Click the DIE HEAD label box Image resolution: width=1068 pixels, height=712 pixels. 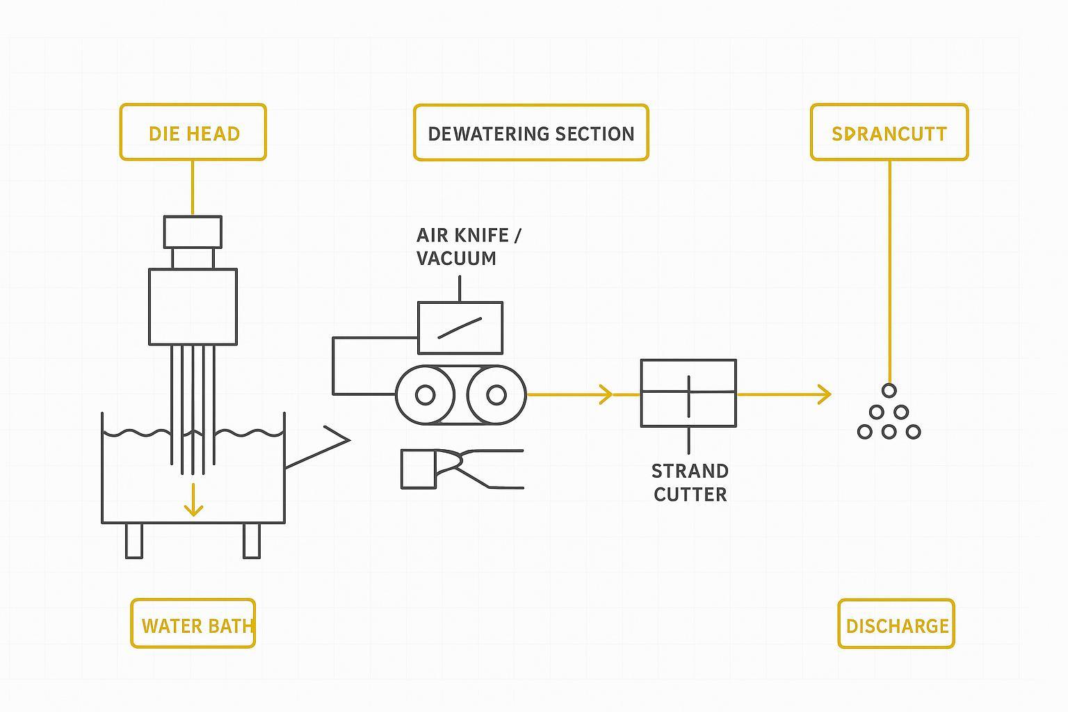click(193, 133)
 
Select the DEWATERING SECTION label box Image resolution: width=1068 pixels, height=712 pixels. click(531, 133)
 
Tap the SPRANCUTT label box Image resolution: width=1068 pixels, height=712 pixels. click(889, 133)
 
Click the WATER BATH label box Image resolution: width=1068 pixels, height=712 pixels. click(193, 624)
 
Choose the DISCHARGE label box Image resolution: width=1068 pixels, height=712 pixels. click(896, 624)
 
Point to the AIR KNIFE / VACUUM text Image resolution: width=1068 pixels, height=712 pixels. click(468, 247)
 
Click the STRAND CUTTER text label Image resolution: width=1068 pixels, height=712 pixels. click(690, 483)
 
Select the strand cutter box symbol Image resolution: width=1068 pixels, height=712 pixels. click(688, 394)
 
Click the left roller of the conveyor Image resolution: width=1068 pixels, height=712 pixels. click(425, 395)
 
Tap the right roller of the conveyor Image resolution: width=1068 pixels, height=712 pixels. click(496, 395)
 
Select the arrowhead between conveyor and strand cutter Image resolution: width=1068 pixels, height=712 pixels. click(606, 395)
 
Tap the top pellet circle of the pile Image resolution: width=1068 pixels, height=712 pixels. click(889, 391)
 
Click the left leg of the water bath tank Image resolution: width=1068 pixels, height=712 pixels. click(133, 541)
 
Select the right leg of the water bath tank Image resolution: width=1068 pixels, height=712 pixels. click(252, 541)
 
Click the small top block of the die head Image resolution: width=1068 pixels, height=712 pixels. click(193, 232)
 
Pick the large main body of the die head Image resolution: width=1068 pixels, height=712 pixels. click(193, 307)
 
